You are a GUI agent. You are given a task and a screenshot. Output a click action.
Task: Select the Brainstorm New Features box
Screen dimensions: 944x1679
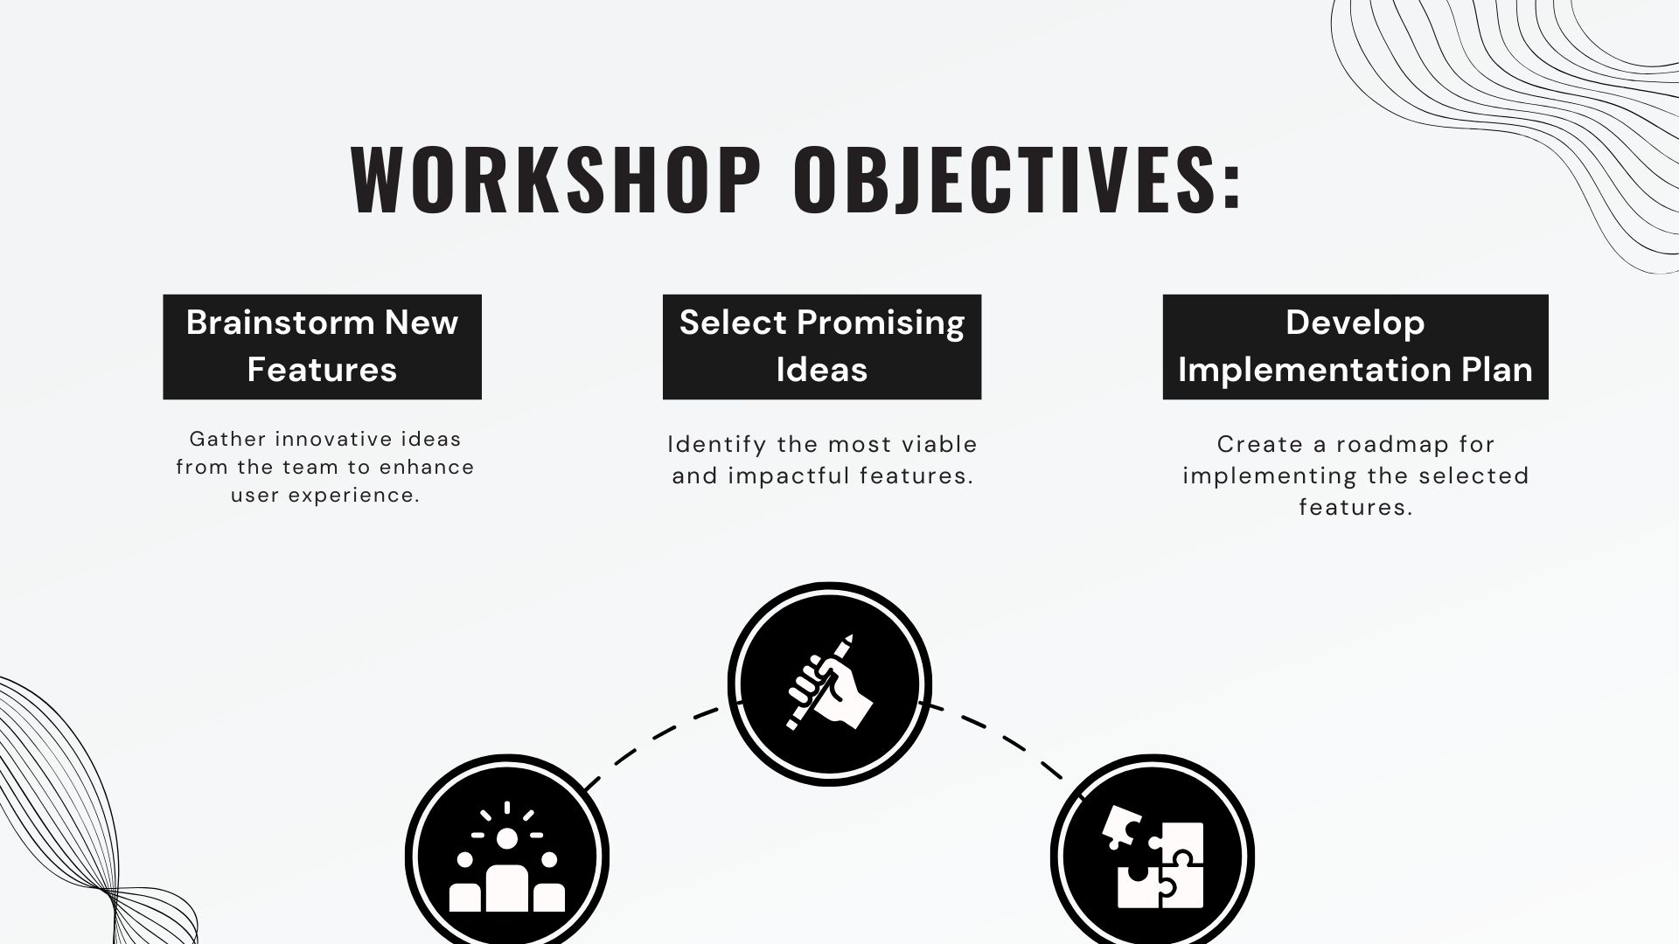[322, 347]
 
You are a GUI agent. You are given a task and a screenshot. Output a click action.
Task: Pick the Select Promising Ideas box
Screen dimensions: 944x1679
[821, 347]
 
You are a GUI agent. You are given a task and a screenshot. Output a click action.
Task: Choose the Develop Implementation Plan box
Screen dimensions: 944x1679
[1355, 347]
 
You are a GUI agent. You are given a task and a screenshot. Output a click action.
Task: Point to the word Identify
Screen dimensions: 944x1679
[716, 445]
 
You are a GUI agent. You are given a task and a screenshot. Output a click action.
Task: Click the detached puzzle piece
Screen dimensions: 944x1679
[1120, 826]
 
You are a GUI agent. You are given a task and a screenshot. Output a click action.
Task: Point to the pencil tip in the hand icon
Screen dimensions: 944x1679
[847, 640]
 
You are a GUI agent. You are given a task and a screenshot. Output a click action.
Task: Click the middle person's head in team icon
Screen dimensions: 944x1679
[507, 838]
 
